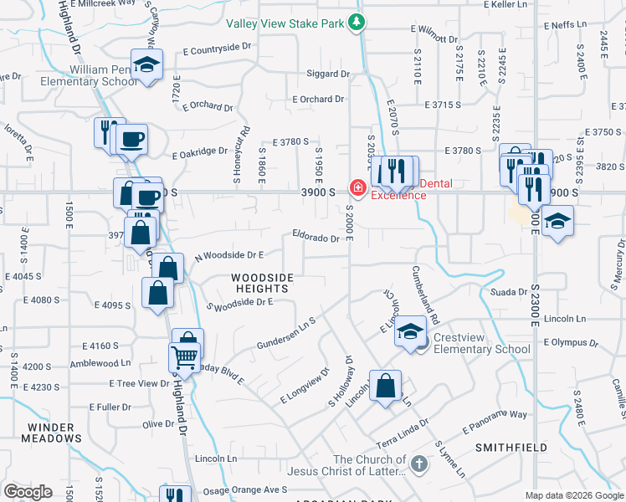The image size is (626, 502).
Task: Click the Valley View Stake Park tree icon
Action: [x=357, y=23]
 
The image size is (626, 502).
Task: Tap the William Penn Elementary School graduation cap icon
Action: [x=147, y=65]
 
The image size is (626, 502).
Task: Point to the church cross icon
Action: [x=419, y=461]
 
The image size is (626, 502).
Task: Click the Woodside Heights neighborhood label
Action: [x=263, y=282]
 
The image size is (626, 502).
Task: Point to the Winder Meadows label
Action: [x=52, y=433]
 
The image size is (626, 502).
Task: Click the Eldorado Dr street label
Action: [x=316, y=238]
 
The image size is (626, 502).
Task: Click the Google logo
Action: [x=28, y=492]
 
